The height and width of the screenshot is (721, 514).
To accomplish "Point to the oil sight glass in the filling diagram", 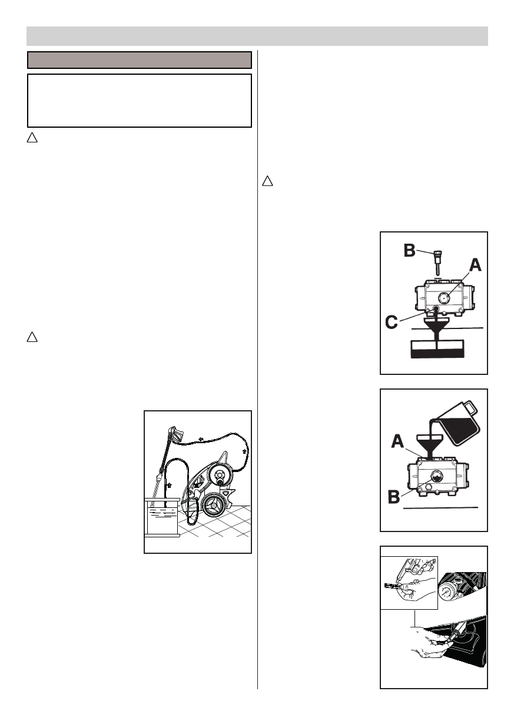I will (x=437, y=476).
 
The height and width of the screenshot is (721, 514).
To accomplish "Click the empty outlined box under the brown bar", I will (x=140, y=100).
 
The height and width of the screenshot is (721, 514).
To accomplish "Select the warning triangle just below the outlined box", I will (x=32, y=139).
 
